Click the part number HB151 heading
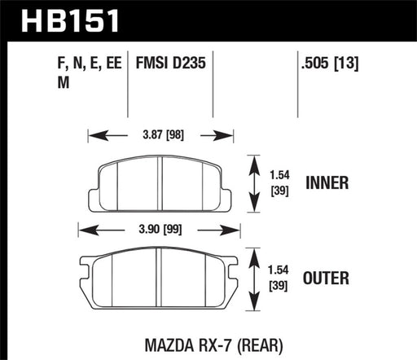coord(62,20)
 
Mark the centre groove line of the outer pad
coord(160,278)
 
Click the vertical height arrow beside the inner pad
coord(254,183)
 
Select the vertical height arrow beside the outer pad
coord(254,278)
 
